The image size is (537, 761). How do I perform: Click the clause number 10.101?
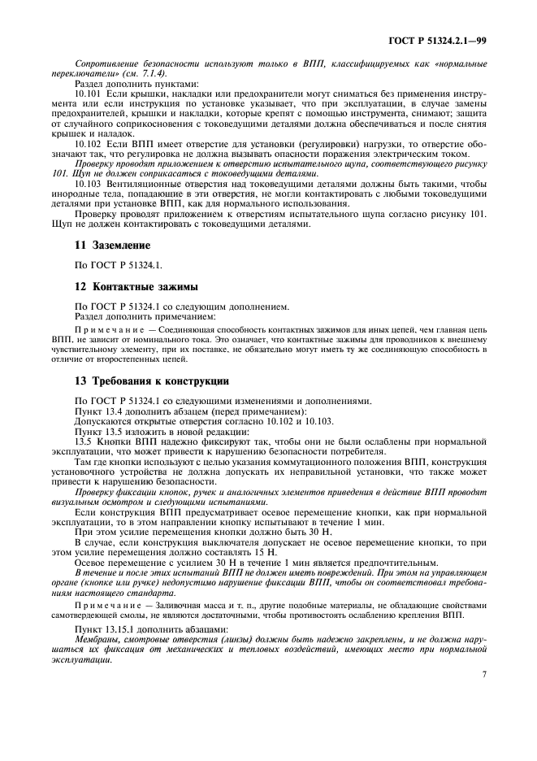(x=88, y=93)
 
